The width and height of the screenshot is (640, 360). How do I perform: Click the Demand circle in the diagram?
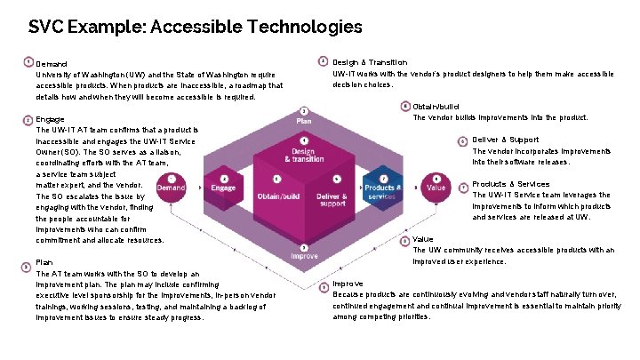[x=172, y=188]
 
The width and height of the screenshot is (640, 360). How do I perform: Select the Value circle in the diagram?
[x=437, y=188]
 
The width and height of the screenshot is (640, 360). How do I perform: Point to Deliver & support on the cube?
[x=332, y=197]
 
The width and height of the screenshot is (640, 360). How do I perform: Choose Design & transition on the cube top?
[x=303, y=155]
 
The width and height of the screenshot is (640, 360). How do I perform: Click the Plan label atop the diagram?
[x=304, y=121]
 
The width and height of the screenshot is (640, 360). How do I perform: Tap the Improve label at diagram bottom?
[x=305, y=256]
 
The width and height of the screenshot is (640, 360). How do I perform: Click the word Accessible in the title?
[x=201, y=28]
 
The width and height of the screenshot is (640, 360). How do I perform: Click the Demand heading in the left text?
[x=52, y=63]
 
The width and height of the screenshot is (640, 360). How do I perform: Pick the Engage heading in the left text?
[x=50, y=119]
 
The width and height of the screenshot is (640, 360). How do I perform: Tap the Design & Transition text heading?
[x=370, y=62]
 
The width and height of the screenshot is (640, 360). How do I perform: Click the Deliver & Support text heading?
[x=505, y=140]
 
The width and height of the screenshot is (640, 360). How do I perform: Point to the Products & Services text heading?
[x=510, y=184]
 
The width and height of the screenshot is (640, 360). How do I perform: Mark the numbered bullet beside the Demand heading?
[x=28, y=62]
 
